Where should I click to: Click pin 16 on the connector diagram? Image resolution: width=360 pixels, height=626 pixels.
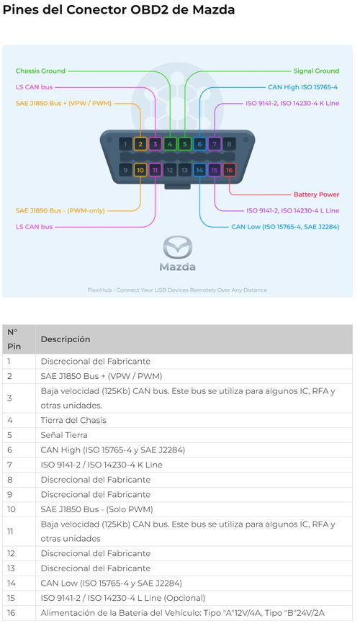pos(229,170)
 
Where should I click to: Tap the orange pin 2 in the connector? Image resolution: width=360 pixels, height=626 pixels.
pos(140,144)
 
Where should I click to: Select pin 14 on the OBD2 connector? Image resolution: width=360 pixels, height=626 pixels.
pos(199,170)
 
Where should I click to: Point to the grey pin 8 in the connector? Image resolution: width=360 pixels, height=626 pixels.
pos(229,144)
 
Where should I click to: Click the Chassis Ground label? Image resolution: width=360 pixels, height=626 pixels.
pos(40,71)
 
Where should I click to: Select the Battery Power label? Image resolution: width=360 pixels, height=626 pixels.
pos(316,194)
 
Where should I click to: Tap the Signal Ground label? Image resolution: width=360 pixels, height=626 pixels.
pos(316,71)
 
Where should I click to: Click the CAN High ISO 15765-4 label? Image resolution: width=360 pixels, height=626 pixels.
pos(302,87)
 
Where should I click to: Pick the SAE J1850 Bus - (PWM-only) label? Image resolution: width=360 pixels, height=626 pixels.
pos(60,210)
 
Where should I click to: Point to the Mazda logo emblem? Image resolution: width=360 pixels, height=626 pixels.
pos(178,248)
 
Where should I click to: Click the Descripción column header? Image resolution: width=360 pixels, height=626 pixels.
pos(66,339)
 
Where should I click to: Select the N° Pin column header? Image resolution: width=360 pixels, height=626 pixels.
pos(14,339)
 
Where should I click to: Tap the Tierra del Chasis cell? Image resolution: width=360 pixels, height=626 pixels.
pos(73,421)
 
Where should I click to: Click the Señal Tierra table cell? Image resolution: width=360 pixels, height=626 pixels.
pos(64,435)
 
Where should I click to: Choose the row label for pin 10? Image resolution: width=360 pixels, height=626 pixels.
pos(12,509)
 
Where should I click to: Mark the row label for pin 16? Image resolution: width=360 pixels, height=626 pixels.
pos(12,613)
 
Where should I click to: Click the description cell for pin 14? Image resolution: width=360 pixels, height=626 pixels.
pos(112,583)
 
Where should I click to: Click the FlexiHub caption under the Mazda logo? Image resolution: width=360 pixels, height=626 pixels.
pos(177,290)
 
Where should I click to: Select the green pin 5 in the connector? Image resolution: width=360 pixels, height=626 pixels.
pos(185,144)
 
